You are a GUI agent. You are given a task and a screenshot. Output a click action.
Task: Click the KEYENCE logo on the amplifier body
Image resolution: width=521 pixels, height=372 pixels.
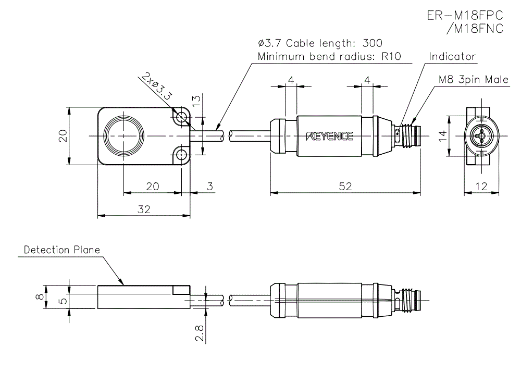tap(330, 137)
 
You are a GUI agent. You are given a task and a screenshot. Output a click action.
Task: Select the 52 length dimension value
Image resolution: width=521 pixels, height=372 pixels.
tap(345, 186)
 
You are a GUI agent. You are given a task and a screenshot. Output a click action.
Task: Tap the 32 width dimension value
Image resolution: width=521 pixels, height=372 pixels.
tap(144, 209)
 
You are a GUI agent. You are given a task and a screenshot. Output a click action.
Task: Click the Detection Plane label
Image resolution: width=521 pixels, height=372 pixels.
tap(61, 250)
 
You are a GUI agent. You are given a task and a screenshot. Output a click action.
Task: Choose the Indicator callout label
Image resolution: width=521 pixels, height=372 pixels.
tap(452, 56)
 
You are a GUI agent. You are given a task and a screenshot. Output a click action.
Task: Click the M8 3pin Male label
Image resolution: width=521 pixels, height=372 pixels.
tap(473, 80)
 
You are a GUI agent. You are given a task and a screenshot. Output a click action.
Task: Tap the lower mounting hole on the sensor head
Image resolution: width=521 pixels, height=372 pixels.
tap(182, 155)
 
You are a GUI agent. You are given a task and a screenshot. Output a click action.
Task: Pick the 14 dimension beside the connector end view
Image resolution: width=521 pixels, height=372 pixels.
tap(442, 137)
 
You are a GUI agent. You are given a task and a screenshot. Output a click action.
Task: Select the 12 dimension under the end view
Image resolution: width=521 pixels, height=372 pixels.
tap(482, 186)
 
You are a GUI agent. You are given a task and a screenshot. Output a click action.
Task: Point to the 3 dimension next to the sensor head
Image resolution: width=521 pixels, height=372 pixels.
tap(209, 186)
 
